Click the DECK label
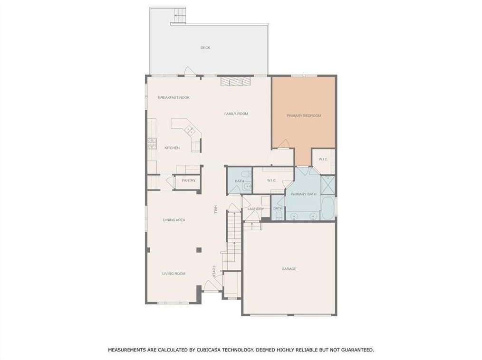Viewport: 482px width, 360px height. click(205, 47)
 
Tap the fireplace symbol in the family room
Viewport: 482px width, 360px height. click(235, 81)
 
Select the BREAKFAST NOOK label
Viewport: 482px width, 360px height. click(174, 98)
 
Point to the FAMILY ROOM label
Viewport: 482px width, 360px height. click(236, 114)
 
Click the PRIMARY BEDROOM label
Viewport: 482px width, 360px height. click(304, 116)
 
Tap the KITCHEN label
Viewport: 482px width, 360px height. click(172, 148)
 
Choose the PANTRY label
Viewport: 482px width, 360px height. click(189, 180)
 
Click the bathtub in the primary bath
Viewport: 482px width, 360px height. click(328, 208)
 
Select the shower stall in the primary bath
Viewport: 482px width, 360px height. click(328, 185)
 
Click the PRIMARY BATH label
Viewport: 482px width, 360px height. click(303, 194)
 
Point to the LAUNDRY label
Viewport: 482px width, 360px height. click(256, 209)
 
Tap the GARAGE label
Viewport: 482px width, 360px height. click(289, 269)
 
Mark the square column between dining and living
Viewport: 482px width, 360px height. click(199, 250)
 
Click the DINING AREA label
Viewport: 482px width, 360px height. click(174, 220)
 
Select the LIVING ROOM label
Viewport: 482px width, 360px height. click(174, 274)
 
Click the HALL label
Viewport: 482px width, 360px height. click(215, 210)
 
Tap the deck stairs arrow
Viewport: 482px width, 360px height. click(178, 15)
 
